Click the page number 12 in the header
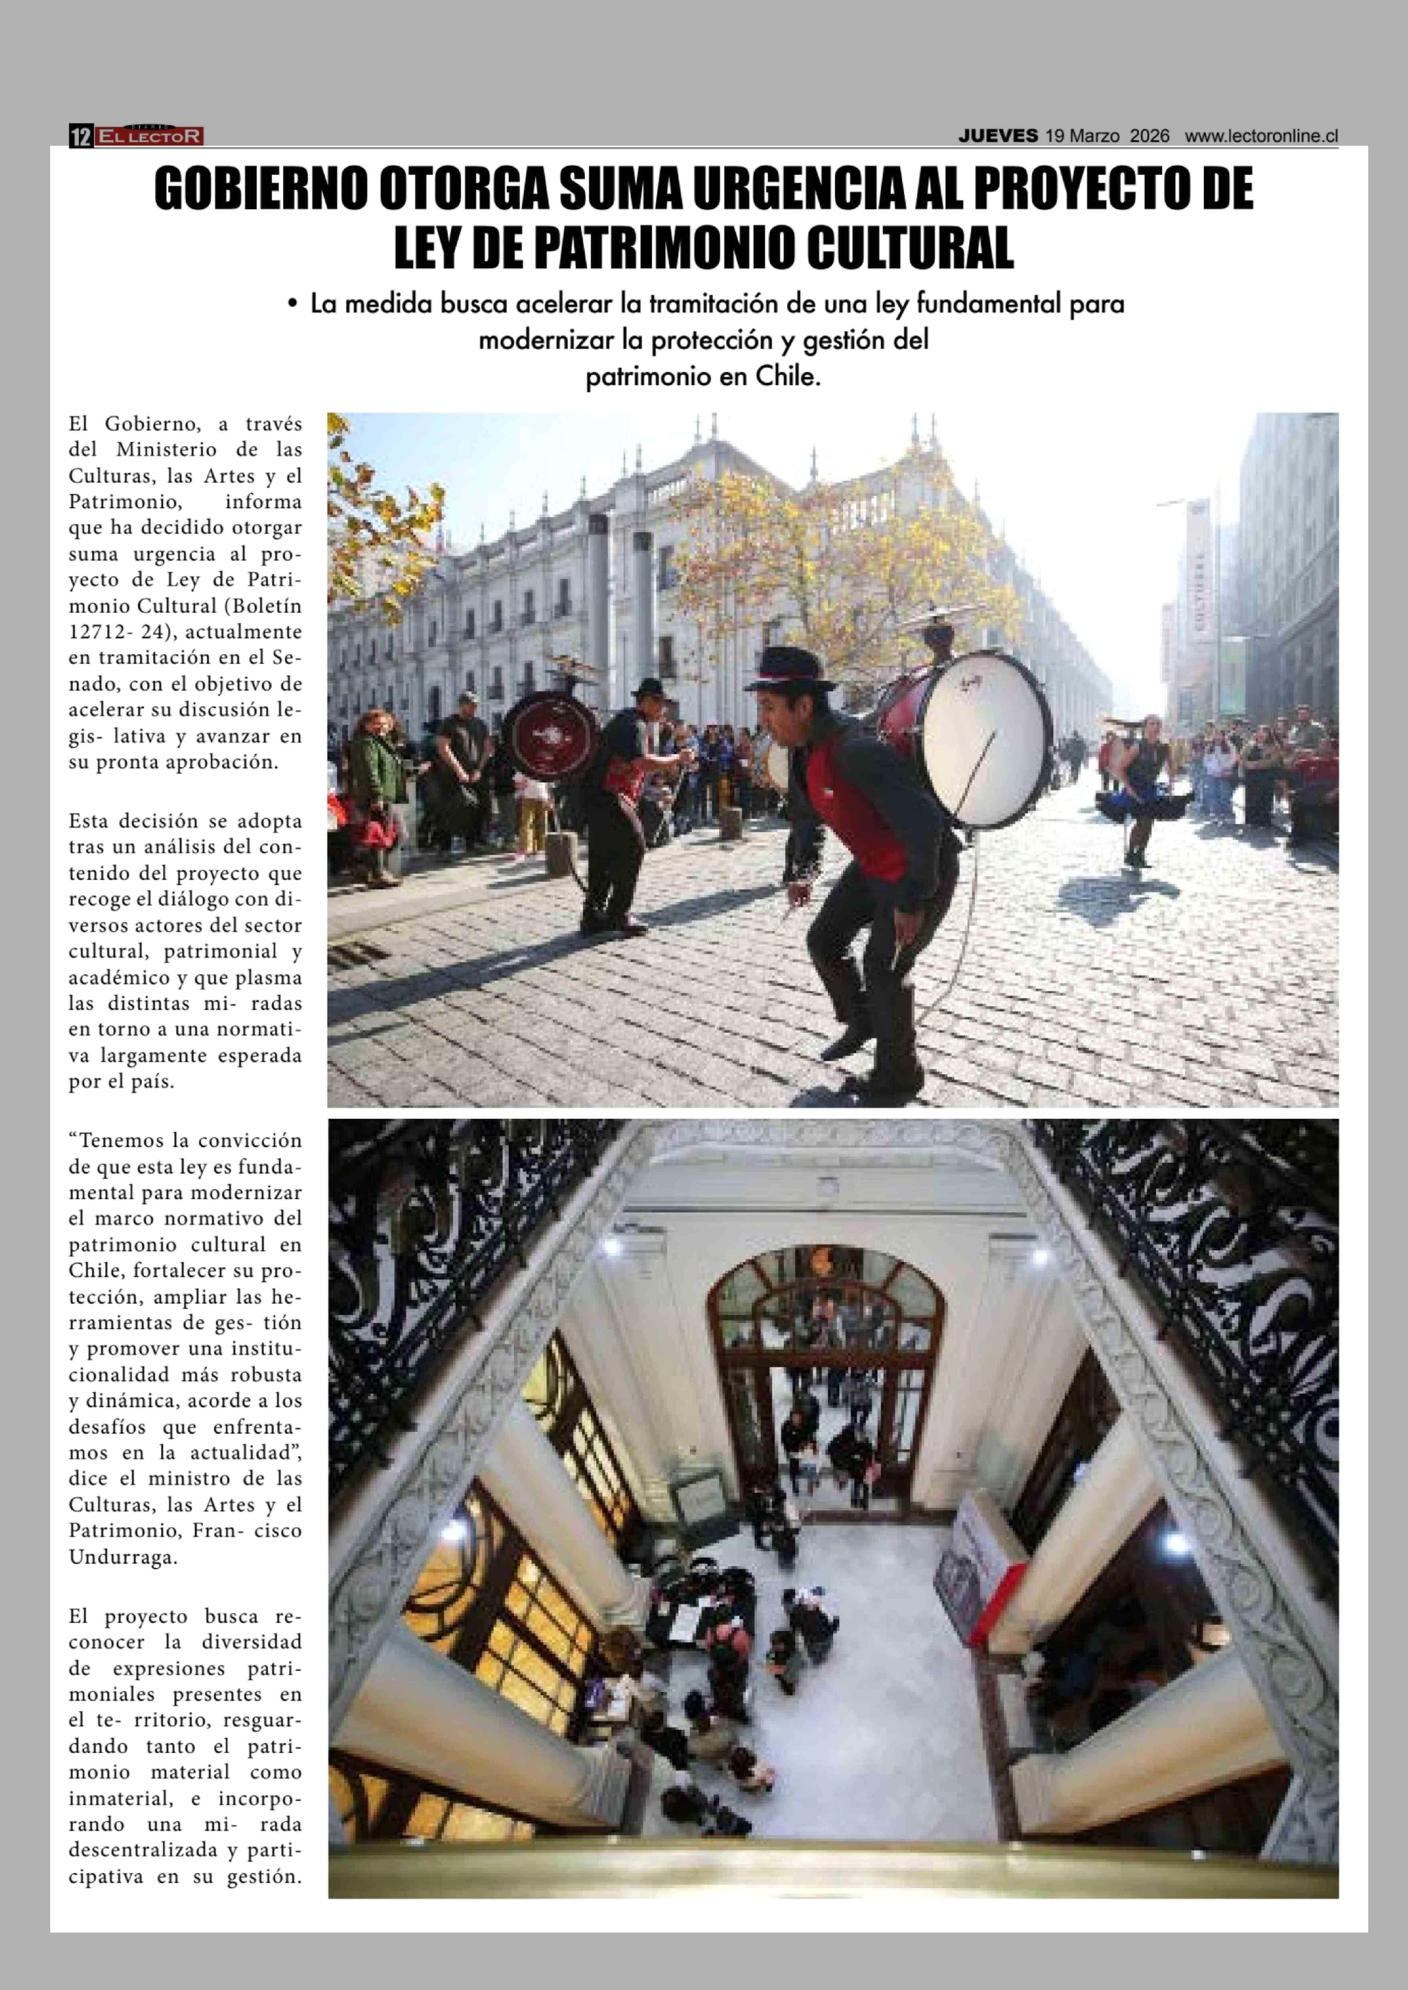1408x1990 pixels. point(81,136)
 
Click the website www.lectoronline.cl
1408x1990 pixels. point(1262,136)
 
